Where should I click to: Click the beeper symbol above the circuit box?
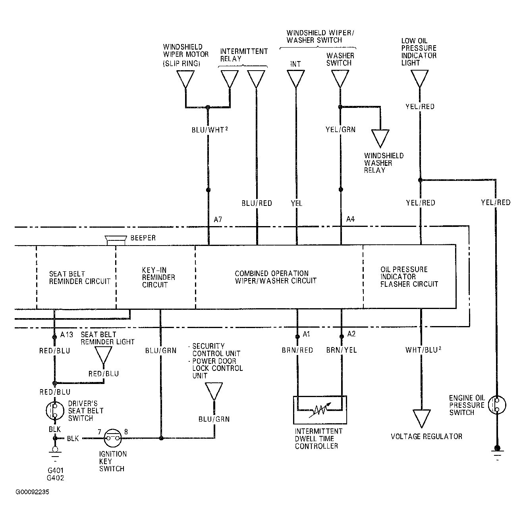[x=116, y=240]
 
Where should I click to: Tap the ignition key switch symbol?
[x=113, y=438]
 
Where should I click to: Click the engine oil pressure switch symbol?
[x=497, y=405]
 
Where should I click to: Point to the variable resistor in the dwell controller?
[x=320, y=410]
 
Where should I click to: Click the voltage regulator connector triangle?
[x=421, y=418]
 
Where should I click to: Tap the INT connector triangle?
[x=296, y=79]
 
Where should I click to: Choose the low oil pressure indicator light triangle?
[x=420, y=79]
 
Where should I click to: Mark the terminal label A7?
[x=218, y=219]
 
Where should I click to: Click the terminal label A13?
[x=67, y=334]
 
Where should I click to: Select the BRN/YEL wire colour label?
[x=342, y=350]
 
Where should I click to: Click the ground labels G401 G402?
[x=56, y=474]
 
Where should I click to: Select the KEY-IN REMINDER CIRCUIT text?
[x=158, y=277]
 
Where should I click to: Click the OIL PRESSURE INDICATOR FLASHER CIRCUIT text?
[x=409, y=277]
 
